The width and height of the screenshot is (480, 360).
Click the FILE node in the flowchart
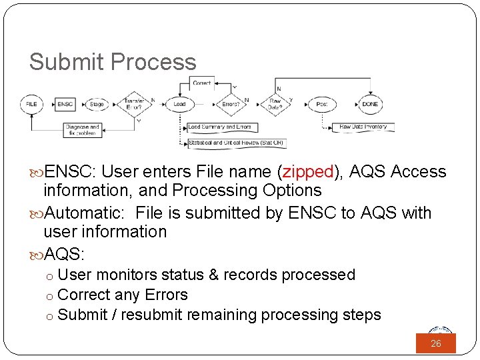pos(31,104)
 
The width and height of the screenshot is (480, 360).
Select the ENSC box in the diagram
pos(65,104)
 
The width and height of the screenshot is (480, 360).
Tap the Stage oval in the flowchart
pos(97,104)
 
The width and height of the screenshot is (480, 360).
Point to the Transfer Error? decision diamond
pos(136,104)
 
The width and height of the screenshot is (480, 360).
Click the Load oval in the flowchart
pos(179,104)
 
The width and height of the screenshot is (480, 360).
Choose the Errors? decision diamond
pos(231,104)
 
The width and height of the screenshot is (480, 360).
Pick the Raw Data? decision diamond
pos(275,104)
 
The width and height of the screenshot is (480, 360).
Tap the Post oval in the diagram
pos(322,104)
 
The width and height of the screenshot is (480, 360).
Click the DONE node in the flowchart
pos(370,104)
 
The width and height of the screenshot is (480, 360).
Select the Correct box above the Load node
pos(201,83)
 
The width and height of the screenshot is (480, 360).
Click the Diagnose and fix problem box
pos(82,129)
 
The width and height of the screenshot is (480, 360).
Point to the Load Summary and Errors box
pos(221,127)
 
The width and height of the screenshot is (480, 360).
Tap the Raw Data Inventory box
pos(363,127)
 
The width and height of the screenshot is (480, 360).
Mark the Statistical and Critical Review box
pos(236,142)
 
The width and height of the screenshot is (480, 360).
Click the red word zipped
pos(308,172)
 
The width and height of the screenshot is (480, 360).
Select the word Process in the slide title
pos(153,62)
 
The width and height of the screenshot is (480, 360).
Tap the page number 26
pos(436,343)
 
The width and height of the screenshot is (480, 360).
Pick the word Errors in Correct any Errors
pos(166,295)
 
